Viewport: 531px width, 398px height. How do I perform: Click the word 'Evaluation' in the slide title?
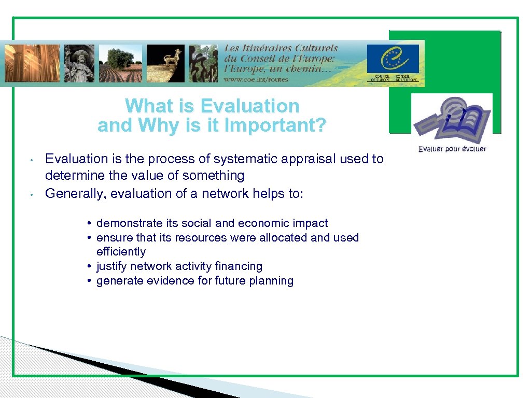point(249,106)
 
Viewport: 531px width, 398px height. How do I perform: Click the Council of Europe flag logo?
point(393,59)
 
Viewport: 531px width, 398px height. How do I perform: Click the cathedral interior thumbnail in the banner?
point(33,63)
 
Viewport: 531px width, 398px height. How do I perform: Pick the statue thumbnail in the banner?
point(79,63)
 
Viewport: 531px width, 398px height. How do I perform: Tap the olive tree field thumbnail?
point(124,63)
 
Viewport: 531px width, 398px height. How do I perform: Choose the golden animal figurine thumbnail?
point(165,63)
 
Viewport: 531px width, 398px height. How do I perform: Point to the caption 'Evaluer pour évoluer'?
point(452,149)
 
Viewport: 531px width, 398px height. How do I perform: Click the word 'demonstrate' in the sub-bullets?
point(123,223)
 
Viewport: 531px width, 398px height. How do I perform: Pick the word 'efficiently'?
point(121,252)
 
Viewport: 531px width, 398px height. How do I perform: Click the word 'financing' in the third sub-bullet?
point(241,266)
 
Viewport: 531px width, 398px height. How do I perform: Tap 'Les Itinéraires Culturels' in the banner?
point(281,48)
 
